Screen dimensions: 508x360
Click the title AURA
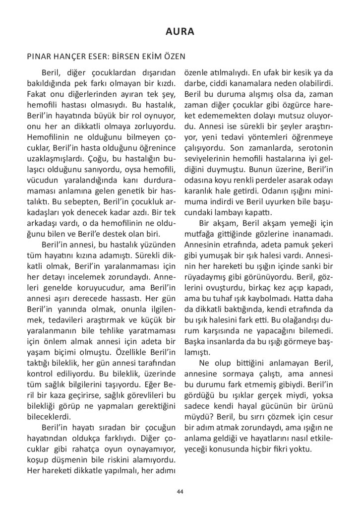180,32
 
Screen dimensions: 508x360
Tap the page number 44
180,492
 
